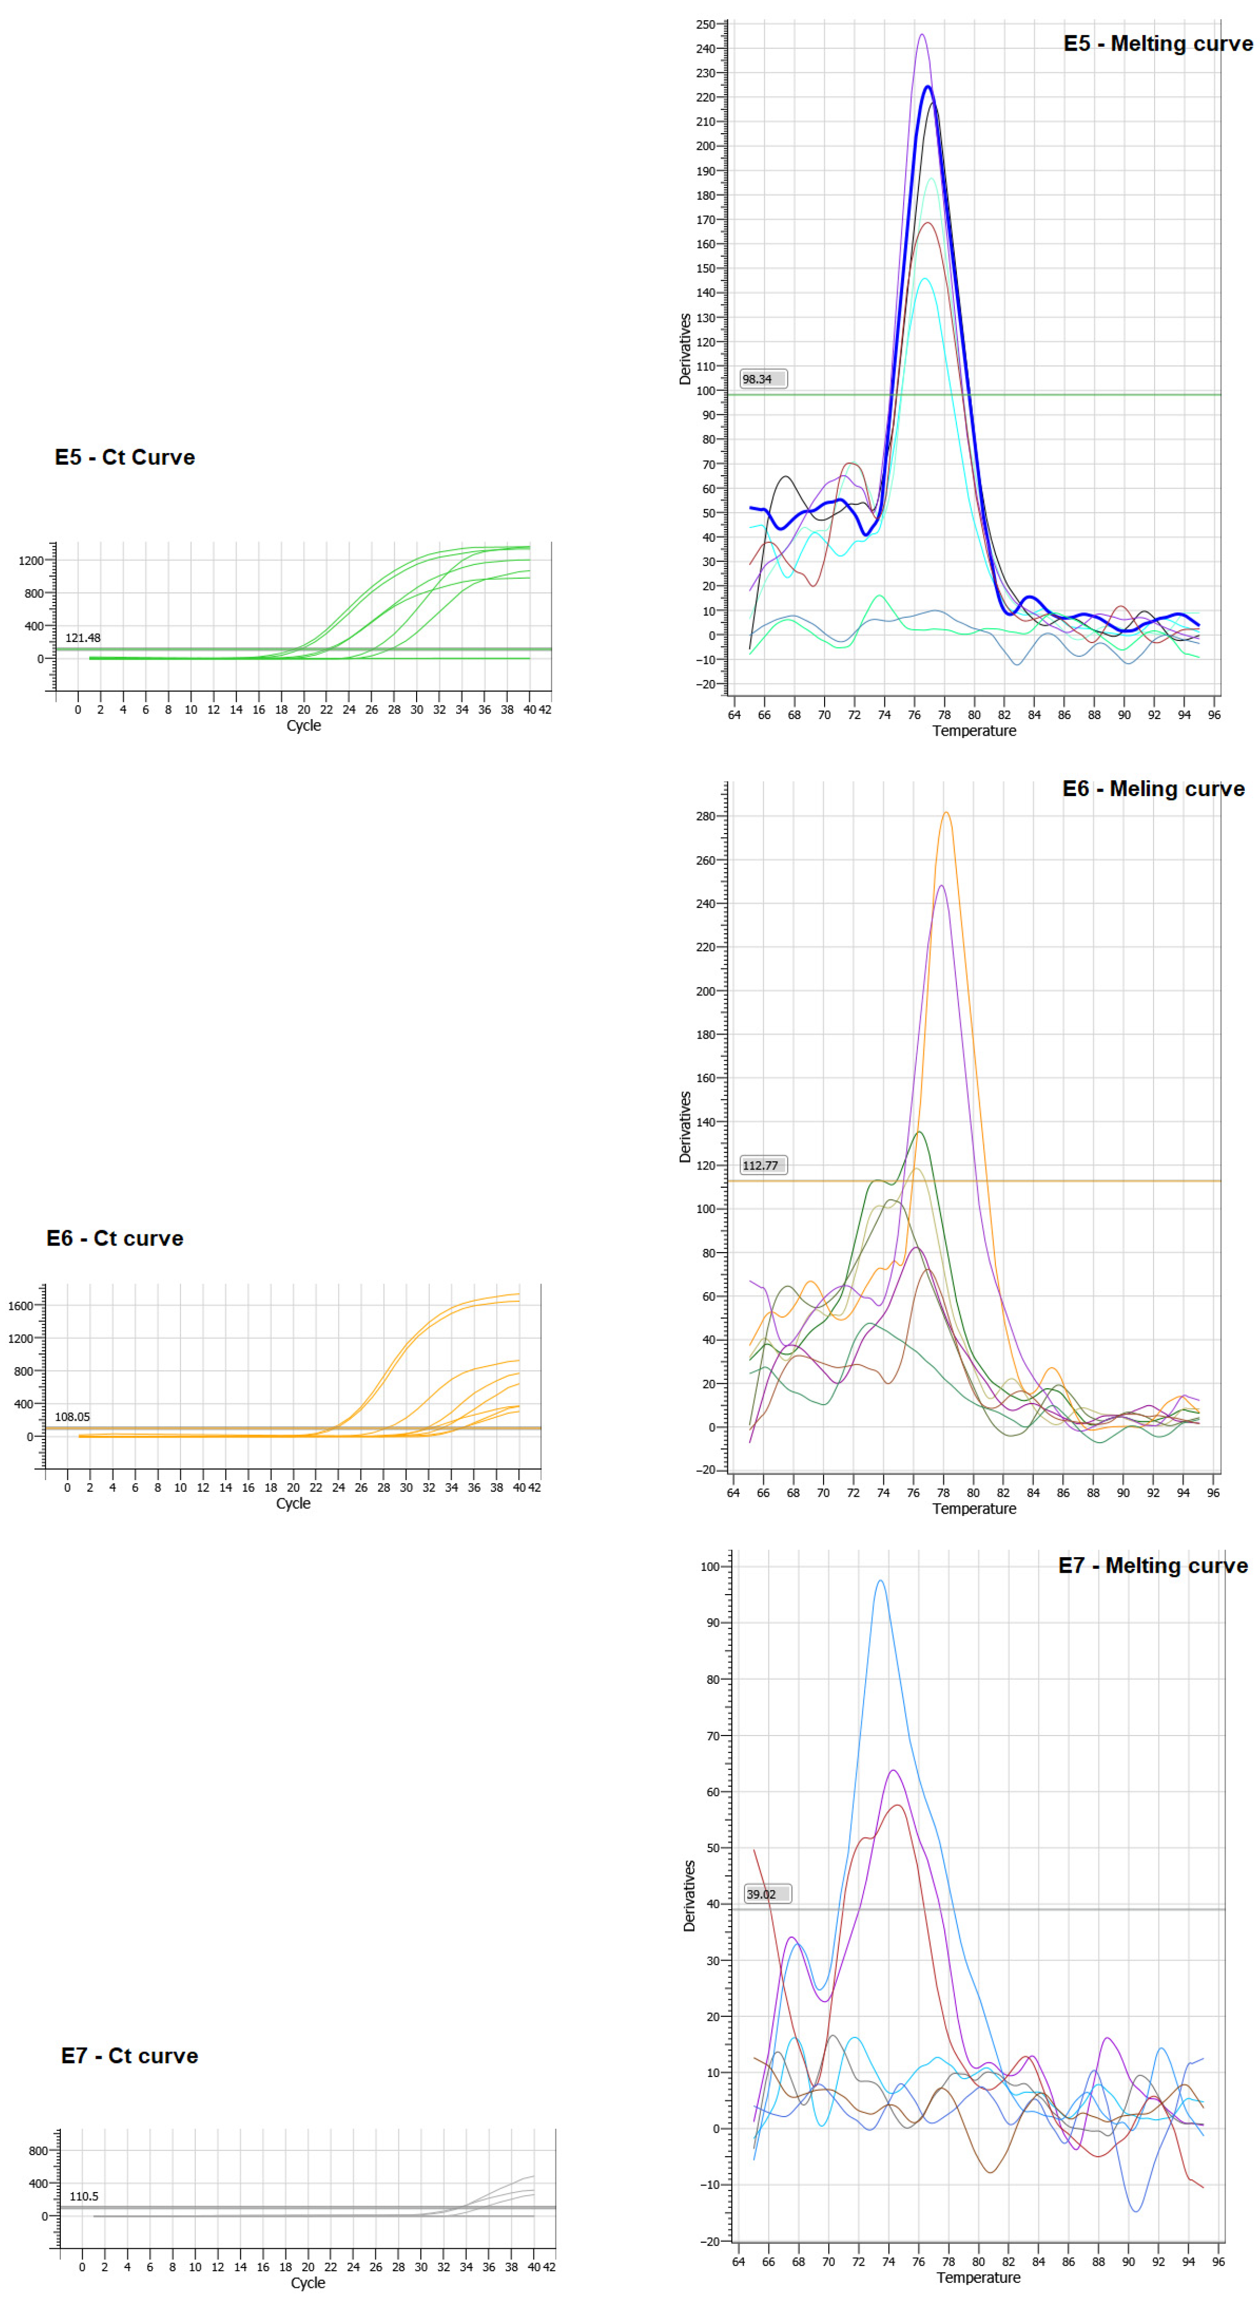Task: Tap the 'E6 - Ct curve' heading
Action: (115, 1238)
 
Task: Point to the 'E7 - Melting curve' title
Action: (1153, 1566)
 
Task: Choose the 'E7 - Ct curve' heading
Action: (130, 2055)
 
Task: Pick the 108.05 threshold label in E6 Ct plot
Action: (72, 1417)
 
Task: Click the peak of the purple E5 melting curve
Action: (921, 35)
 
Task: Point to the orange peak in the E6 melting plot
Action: (945, 813)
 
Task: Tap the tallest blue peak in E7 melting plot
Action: (880, 1581)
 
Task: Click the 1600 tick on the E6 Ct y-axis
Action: (21, 1305)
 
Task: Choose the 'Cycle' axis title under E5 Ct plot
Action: (303, 725)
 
